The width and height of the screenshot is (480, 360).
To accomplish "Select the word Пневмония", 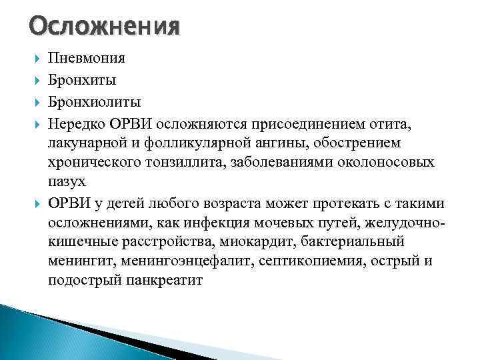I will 87,59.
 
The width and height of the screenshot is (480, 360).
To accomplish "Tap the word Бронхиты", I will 83,80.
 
